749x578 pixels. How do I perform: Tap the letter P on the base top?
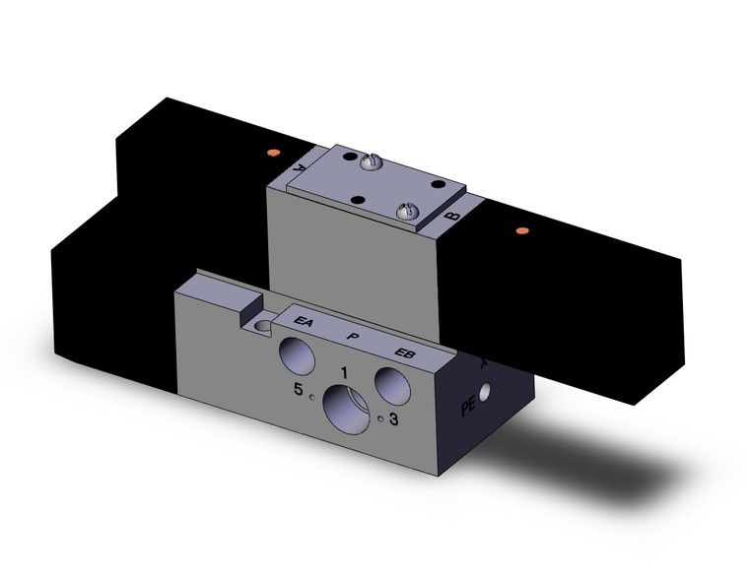(352, 336)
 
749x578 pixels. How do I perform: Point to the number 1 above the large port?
(343, 371)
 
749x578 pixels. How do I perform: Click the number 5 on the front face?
(298, 390)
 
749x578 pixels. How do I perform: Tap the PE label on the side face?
(469, 407)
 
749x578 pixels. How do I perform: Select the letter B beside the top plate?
(451, 213)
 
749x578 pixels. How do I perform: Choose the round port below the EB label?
(392, 384)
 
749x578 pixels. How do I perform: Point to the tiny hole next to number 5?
(311, 397)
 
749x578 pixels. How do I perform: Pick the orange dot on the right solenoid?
(521, 231)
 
